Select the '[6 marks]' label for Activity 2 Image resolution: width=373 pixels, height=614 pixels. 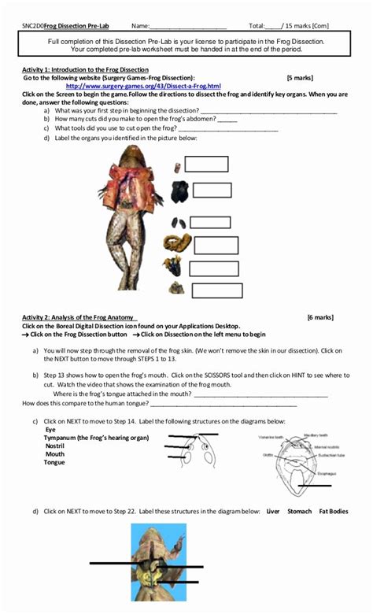320,318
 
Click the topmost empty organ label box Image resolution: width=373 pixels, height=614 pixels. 206,164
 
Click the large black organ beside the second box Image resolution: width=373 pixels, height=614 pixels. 180,190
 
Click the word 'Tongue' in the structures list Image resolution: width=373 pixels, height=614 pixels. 54,462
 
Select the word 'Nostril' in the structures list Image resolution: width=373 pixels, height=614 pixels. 55,446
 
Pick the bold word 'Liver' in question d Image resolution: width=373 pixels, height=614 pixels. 273,511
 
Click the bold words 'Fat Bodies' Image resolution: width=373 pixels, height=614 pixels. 333,511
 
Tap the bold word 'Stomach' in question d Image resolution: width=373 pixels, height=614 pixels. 300,511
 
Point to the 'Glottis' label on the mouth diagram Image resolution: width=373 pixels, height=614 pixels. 268,454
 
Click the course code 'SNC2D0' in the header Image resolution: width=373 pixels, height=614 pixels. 33,27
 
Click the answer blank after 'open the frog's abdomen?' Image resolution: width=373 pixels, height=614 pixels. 226,120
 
